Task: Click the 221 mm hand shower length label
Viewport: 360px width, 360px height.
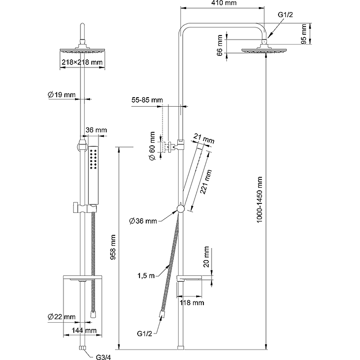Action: pyautogui.click(x=205, y=182)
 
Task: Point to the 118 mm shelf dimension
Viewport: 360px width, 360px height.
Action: pyautogui.click(x=192, y=303)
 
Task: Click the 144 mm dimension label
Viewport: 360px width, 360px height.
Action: pyautogui.click(x=85, y=330)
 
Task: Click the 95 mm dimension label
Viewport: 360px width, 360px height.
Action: pyautogui.click(x=304, y=34)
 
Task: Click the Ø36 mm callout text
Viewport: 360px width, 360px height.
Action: pyautogui.click(x=143, y=221)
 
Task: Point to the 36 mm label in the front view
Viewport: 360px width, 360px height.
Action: pyautogui.click(x=96, y=130)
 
